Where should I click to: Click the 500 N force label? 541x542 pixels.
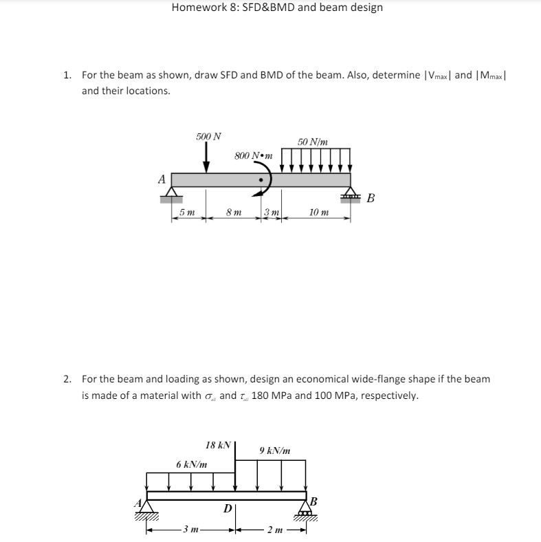pos(208,136)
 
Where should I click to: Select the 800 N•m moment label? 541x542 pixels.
pos(253,155)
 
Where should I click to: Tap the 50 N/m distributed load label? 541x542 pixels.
pos(313,142)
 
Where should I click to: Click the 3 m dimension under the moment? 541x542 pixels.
pos(270,213)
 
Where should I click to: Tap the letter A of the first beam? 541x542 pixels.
pos(162,180)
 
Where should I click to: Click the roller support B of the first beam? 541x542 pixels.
pos(352,195)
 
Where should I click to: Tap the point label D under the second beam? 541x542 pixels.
pos(226,510)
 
